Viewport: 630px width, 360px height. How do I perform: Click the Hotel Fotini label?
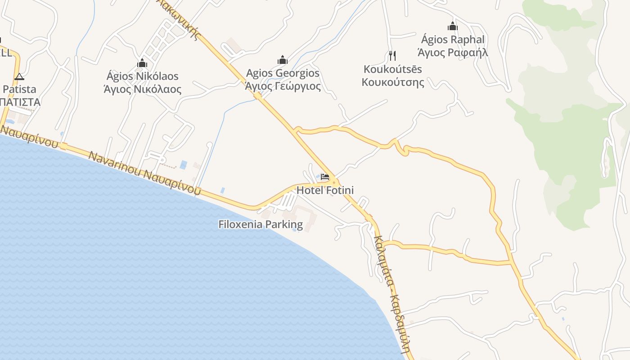pyautogui.click(x=325, y=190)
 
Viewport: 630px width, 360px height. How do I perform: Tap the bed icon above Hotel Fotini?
pyautogui.click(x=325, y=177)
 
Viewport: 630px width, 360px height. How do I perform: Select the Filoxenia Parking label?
pyautogui.click(x=261, y=224)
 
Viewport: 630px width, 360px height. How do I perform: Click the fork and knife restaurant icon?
pyautogui.click(x=392, y=56)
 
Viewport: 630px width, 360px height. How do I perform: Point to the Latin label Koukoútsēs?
pyautogui.click(x=393, y=69)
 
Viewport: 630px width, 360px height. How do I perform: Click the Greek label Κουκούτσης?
pyautogui.click(x=393, y=82)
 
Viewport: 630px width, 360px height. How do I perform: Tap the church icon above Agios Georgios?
pyautogui.click(x=283, y=60)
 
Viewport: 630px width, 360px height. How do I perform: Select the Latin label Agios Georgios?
pyautogui.click(x=283, y=73)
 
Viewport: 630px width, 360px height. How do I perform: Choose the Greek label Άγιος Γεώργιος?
pyautogui.click(x=283, y=86)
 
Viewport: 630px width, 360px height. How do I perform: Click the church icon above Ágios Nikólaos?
pyautogui.click(x=142, y=63)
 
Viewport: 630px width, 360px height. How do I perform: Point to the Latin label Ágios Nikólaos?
pyautogui.click(x=142, y=76)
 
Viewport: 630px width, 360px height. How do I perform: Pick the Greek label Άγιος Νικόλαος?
pyautogui.click(x=142, y=89)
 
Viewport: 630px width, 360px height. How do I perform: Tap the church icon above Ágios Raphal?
pyautogui.click(x=453, y=26)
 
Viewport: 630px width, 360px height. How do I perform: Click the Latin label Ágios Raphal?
pyautogui.click(x=453, y=40)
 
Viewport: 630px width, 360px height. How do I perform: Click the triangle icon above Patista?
pyautogui.click(x=19, y=76)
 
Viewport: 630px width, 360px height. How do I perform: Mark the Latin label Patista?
pyautogui.click(x=19, y=89)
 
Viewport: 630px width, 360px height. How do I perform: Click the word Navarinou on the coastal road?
pyautogui.click(x=114, y=165)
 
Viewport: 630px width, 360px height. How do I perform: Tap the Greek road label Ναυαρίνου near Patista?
pyautogui.click(x=29, y=137)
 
